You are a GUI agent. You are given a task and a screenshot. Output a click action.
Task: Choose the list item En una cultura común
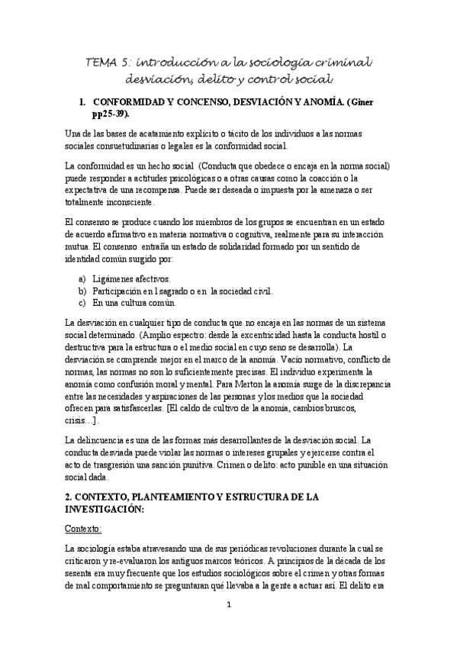pos(137,303)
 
